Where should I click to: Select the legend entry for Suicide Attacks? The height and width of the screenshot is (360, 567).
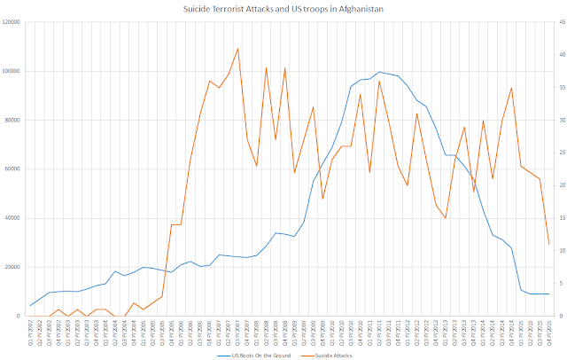point(330,354)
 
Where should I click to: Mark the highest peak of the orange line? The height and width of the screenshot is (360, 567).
point(238,48)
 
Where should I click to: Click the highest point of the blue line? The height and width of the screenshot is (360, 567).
point(379,72)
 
